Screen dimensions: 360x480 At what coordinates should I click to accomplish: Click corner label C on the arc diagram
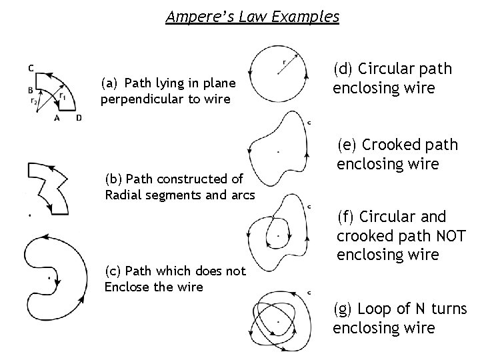point(32,66)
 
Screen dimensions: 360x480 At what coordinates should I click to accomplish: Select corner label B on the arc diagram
point(31,90)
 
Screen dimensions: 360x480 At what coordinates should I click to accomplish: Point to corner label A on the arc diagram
point(57,118)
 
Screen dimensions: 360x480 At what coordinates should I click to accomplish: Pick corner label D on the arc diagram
point(78,118)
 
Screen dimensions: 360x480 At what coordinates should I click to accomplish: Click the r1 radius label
point(62,96)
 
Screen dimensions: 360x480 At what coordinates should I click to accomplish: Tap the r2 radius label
point(34,101)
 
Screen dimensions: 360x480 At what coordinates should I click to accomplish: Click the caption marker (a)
point(109,83)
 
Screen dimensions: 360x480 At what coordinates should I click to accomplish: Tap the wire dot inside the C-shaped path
point(49,275)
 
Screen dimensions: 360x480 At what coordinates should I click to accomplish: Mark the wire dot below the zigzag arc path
point(29,215)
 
